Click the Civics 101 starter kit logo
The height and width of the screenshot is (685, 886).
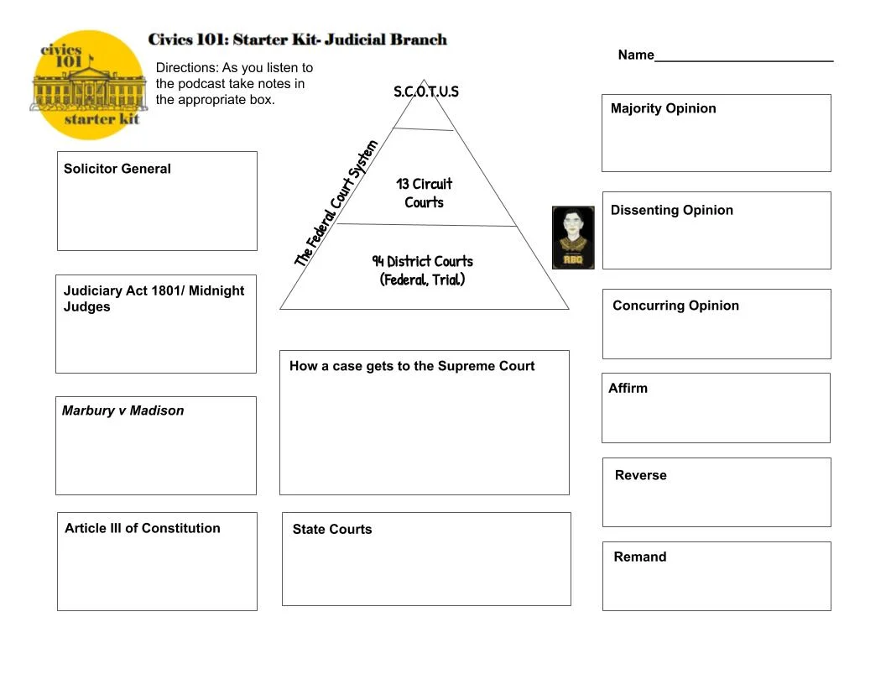pyautogui.click(x=88, y=85)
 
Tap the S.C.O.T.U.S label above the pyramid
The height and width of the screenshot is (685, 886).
pyautogui.click(x=426, y=92)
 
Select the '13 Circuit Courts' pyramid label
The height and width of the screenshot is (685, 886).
pyautogui.click(x=424, y=193)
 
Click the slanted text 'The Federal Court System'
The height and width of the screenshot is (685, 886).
pyautogui.click(x=336, y=203)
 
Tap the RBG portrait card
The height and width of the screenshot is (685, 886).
pyautogui.click(x=573, y=238)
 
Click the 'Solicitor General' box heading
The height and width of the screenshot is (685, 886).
pyautogui.click(x=117, y=169)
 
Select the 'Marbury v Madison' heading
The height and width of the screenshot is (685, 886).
pyautogui.click(x=122, y=410)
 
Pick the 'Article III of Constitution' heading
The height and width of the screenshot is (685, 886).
pyautogui.click(x=143, y=528)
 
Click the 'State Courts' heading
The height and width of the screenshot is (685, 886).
pyautogui.click(x=332, y=529)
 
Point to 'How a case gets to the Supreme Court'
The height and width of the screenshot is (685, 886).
pyautogui.click(x=412, y=366)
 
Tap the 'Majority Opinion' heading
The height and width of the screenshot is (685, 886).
pyautogui.click(x=664, y=108)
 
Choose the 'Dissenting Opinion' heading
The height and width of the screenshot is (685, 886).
pyautogui.click(x=672, y=210)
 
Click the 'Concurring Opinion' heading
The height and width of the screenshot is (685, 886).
pyautogui.click(x=676, y=306)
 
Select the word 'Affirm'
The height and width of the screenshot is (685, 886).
pyautogui.click(x=628, y=388)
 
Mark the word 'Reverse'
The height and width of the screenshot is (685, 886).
pyautogui.click(x=641, y=475)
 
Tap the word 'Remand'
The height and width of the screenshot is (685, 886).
pyautogui.click(x=640, y=557)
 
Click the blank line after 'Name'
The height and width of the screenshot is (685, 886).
pyautogui.click(x=743, y=57)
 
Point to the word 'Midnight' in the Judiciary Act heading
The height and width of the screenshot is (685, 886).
pyautogui.click(x=216, y=290)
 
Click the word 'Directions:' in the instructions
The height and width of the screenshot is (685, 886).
pyautogui.click(x=187, y=67)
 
